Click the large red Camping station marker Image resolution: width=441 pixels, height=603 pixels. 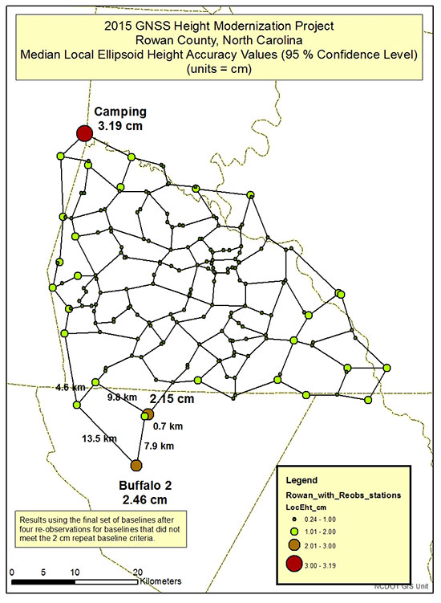[x=83, y=133]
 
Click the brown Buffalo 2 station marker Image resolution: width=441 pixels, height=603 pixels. [x=136, y=466]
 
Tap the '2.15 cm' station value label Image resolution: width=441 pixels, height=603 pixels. [x=172, y=399]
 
